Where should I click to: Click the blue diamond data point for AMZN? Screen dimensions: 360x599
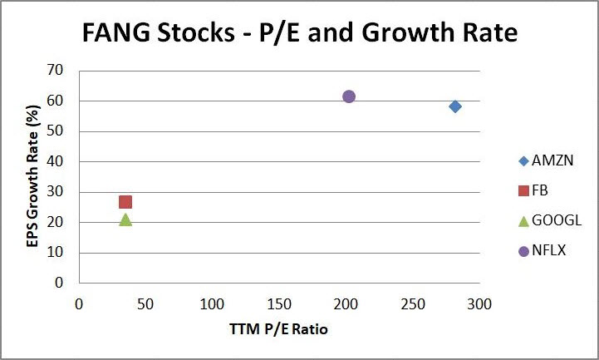point(455,106)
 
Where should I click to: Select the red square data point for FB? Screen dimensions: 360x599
point(125,202)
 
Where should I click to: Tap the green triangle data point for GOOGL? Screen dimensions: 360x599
point(125,219)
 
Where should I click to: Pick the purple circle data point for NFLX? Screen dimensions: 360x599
point(349,96)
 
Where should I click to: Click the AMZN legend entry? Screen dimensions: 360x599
point(543,161)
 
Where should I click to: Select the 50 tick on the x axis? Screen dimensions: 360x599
point(145,304)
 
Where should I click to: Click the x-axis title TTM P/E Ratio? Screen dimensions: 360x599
point(279,330)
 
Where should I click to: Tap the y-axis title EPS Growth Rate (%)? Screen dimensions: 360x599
point(32,176)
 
